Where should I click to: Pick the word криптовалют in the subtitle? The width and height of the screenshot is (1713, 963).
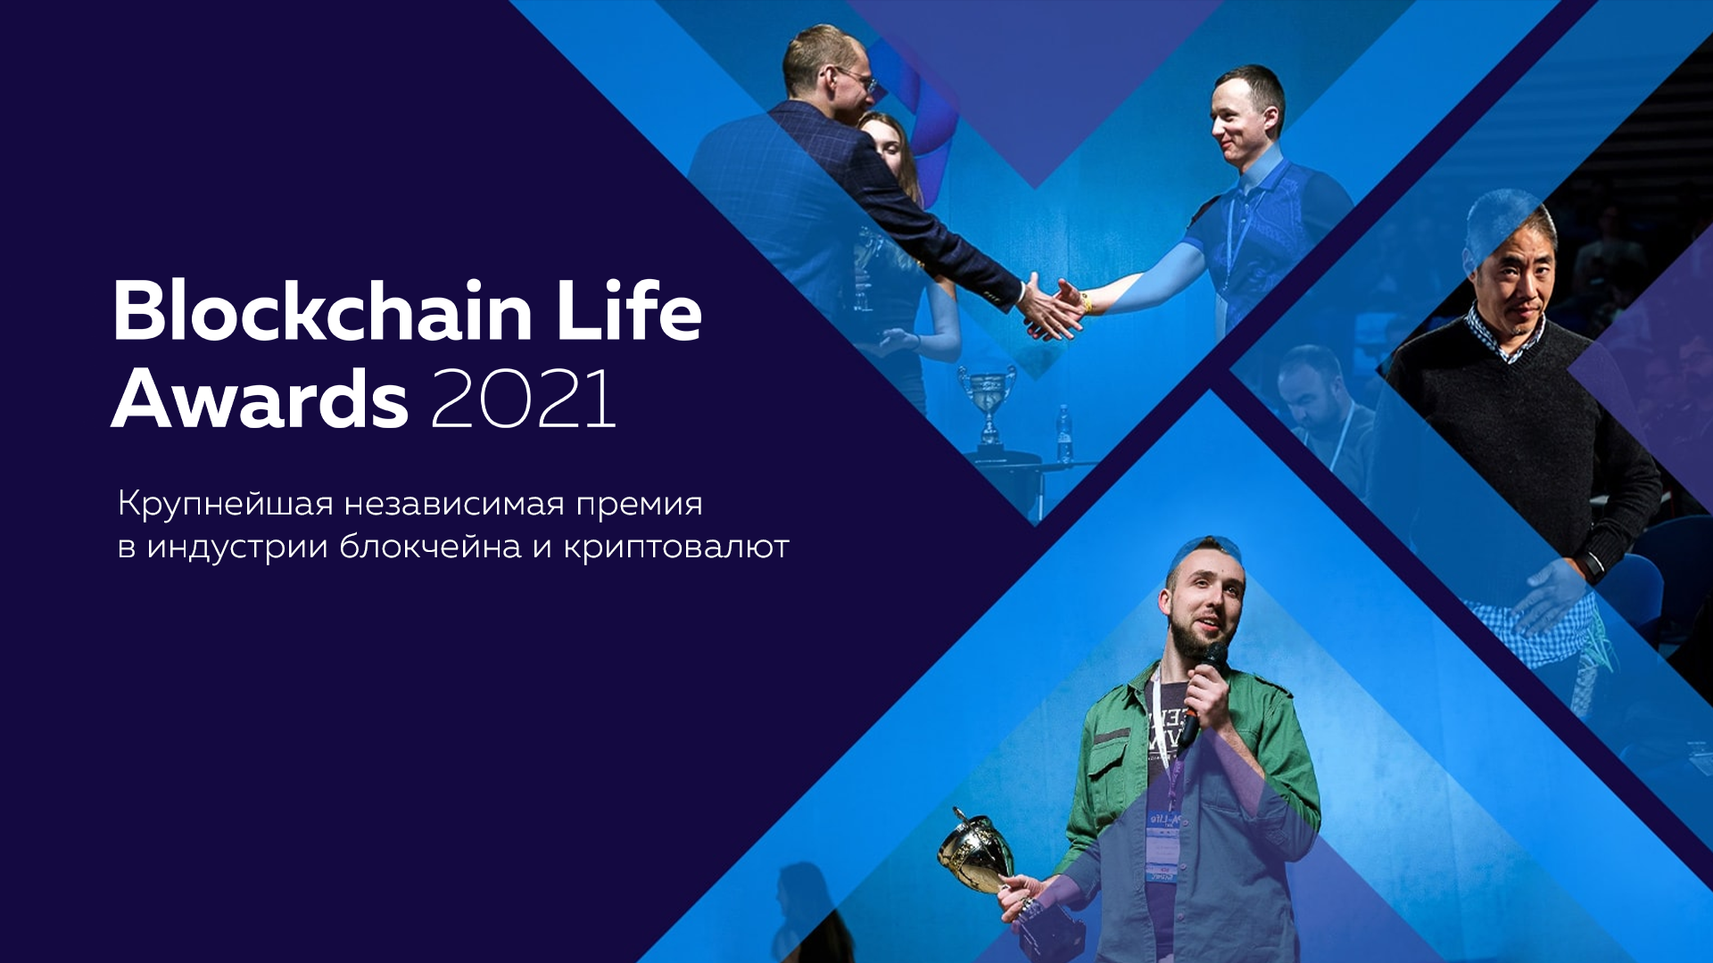[x=676, y=547]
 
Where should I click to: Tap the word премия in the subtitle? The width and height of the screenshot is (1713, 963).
[x=639, y=505]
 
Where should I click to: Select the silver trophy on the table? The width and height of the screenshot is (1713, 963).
[x=987, y=401]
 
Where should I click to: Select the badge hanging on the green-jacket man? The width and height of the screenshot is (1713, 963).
[x=1163, y=843]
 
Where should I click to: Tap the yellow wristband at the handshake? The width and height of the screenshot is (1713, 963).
[x=1086, y=301]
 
